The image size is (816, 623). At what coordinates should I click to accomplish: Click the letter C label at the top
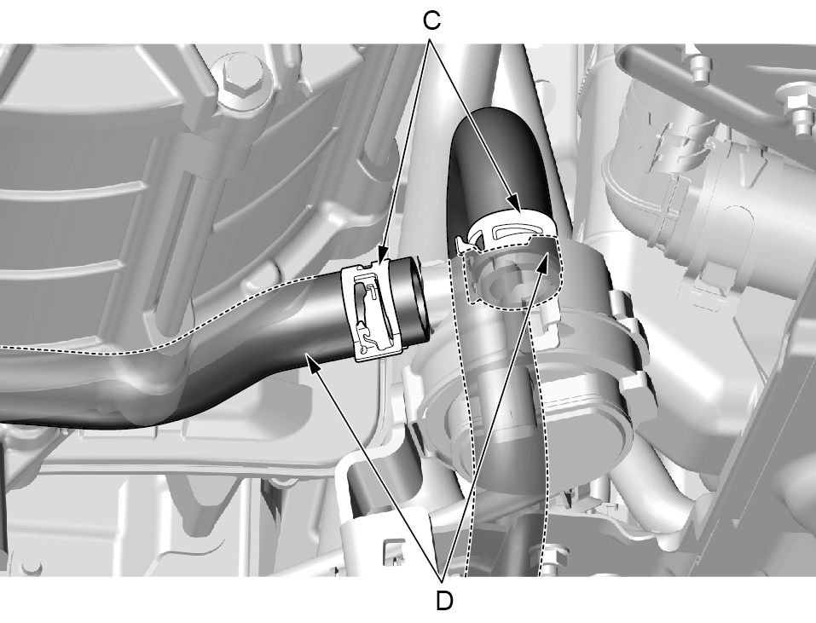tap(431, 21)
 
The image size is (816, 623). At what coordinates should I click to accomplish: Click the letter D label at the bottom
tap(444, 601)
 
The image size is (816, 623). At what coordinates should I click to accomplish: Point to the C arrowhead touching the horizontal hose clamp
tap(381, 259)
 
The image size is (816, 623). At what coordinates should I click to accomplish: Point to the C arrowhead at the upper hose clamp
tap(514, 204)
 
